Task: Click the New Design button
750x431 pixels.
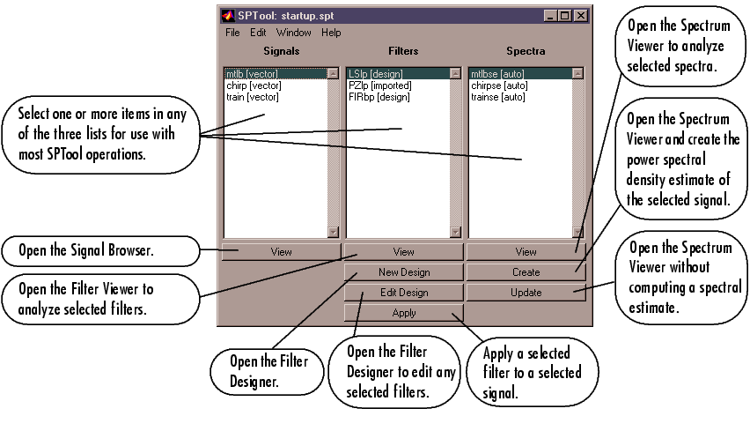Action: tap(403, 272)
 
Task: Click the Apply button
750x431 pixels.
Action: tap(403, 313)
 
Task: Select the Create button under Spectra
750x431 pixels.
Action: tap(526, 272)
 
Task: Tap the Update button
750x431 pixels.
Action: tap(526, 293)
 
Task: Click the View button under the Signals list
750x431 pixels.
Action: tap(281, 251)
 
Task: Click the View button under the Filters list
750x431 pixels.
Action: tap(403, 251)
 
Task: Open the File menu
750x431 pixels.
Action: tap(232, 33)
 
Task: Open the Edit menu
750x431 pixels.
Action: tap(258, 33)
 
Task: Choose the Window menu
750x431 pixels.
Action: tap(293, 33)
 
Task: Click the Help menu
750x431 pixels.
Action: tap(331, 33)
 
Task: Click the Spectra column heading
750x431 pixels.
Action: tap(526, 51)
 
